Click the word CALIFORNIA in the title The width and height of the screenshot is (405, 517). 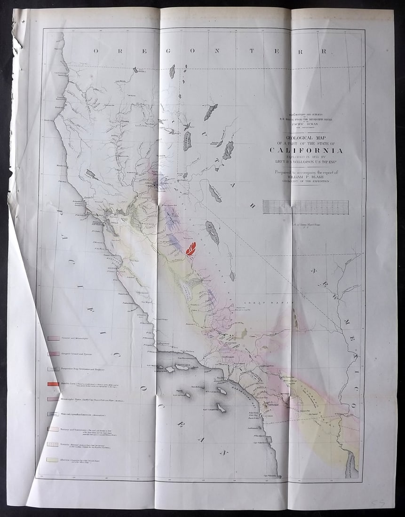(x=306, y=150)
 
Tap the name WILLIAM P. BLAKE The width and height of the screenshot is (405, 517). (x=306, y=176)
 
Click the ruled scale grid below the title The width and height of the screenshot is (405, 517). (x=305, y=207)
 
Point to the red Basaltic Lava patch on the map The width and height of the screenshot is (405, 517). (x=191, y=248)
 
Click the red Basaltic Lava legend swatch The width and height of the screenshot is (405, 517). (x=53, y=384)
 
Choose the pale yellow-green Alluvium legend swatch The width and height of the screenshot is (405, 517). (x=53, y=459)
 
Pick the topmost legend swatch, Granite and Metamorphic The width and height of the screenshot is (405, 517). (x=53, y=338)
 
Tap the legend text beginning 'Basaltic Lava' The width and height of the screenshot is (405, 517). (x=89, y=384)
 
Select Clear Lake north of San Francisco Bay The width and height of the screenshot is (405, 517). (x=91, y=174)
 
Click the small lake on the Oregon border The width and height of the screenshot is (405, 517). (x=172, y=71)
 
